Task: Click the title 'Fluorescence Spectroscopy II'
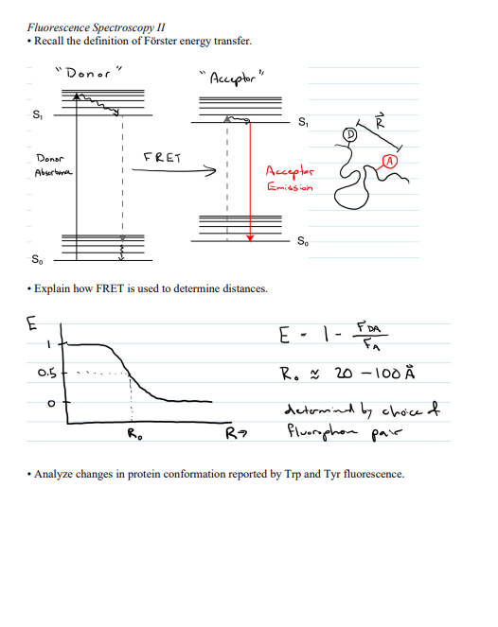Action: coord(84,27)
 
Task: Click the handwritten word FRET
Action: coord(162,158)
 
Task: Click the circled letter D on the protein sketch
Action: coord(349,136)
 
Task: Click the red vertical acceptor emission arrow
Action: coord(249,180)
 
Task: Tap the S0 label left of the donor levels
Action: coord(36,258)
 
